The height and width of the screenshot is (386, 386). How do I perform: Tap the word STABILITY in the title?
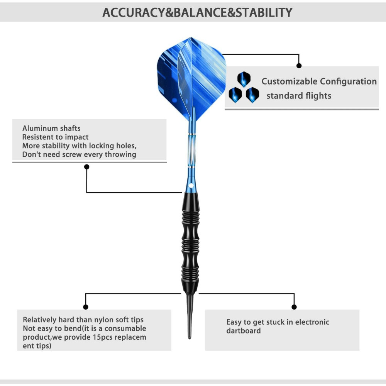click(x=264, y=12)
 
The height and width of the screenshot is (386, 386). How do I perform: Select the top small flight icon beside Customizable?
click(x=244, y=79)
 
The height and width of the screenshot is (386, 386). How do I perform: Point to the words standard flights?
click(x=299, y=96)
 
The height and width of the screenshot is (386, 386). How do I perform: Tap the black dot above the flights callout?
click(x=299, y=66)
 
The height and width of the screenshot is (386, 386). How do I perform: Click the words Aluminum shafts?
click(x=51, y=128)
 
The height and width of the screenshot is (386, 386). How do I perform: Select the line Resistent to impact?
click(x=55, y=137)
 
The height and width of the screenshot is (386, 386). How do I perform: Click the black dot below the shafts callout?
click(x=87, y=167)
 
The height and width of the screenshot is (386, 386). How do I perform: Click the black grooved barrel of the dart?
click(x=191, y=243)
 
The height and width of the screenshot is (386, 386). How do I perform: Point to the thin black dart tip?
click(x=190, y=317)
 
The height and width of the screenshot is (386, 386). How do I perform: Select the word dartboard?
click(x=244, y=331)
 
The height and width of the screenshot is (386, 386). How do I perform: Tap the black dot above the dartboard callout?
click(x=294, y=307)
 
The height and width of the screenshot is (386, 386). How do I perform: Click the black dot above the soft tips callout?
click(x=86, y=307)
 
